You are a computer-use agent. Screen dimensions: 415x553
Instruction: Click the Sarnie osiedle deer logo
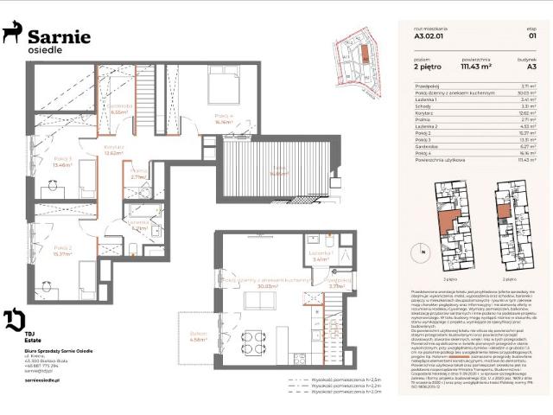12,34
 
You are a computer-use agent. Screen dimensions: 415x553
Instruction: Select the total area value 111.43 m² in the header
475,65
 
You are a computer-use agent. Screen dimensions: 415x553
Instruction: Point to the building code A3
531,65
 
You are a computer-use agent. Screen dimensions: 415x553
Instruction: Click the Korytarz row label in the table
423,112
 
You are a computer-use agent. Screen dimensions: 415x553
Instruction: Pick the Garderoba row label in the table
426,146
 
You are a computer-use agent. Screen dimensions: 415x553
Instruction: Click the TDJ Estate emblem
12,319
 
